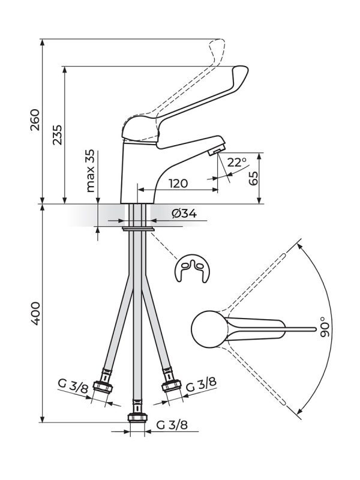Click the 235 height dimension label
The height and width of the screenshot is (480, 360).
point(57,136)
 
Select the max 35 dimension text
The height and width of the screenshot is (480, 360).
point(91,171)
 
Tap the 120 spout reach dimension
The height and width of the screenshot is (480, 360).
point(178,183)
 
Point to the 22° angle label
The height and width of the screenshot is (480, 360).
point(236,163)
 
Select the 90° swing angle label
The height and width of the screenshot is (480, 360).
point(325,328)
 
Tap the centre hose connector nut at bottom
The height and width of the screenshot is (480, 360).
point(137,417)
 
